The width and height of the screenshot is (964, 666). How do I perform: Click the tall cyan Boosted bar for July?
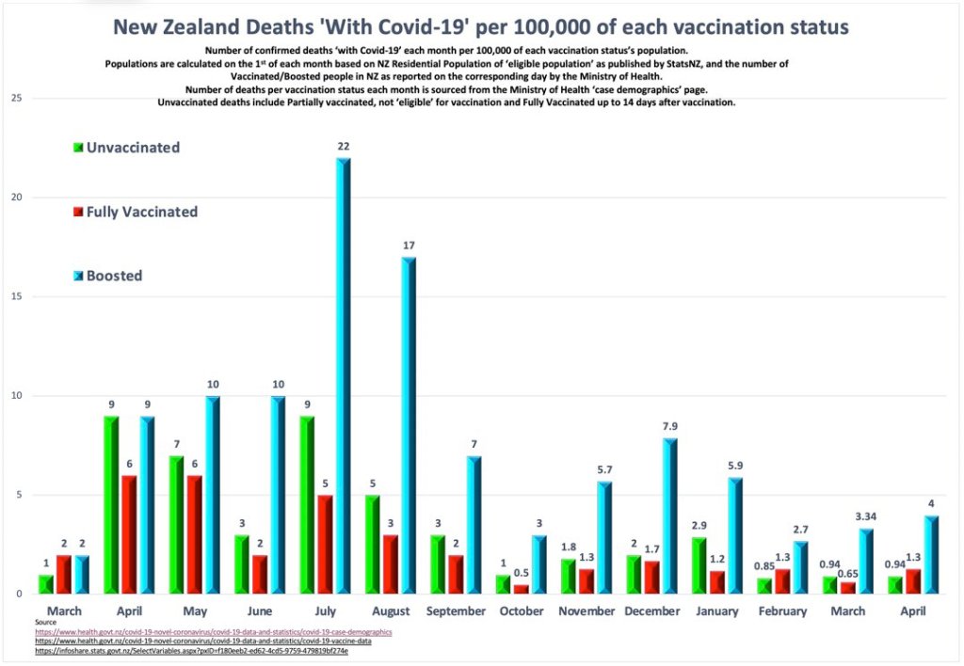click(x=343, y=376)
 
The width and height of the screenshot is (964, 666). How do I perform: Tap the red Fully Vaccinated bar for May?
click(x=195, y=534)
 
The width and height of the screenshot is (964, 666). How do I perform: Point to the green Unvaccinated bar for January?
click(x=698, y=565)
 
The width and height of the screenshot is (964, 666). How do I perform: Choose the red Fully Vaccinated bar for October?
click(x=521, y=589)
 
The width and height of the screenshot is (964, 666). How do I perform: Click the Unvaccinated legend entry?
click(x=132, y=148)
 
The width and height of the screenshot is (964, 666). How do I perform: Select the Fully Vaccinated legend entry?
click(x=141, y=212)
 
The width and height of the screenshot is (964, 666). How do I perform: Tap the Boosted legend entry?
click(x=114, y=276)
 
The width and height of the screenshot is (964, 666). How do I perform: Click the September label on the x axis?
click(x=455, y=611)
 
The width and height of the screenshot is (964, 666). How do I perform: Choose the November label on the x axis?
click(x=586, y=611)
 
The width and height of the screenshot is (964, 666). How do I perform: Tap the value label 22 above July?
click(x=344, y=146)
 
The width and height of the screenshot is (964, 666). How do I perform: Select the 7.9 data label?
click(x=668, y=425)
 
